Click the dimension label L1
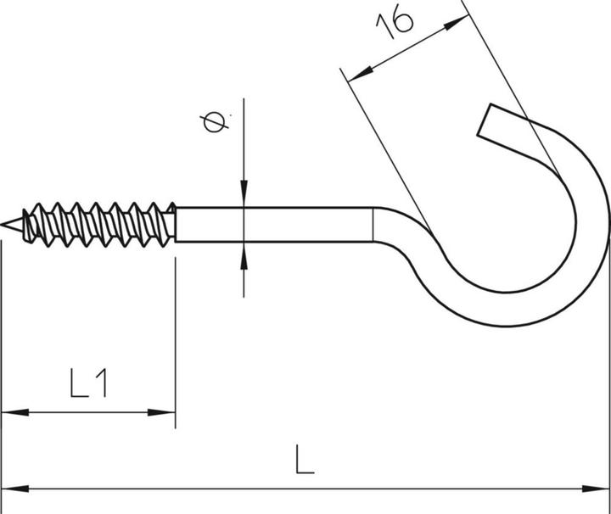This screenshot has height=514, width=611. (88, 385)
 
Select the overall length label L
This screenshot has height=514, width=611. (305, 461)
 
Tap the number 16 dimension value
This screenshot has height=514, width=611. (395, 23)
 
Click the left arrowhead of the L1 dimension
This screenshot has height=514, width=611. (10, 412)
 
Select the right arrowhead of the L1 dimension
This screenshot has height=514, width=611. (166, 412)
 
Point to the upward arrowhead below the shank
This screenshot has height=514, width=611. (244, 254)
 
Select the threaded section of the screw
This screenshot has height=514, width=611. (98, 225)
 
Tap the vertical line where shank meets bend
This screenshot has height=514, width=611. (373, 225)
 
